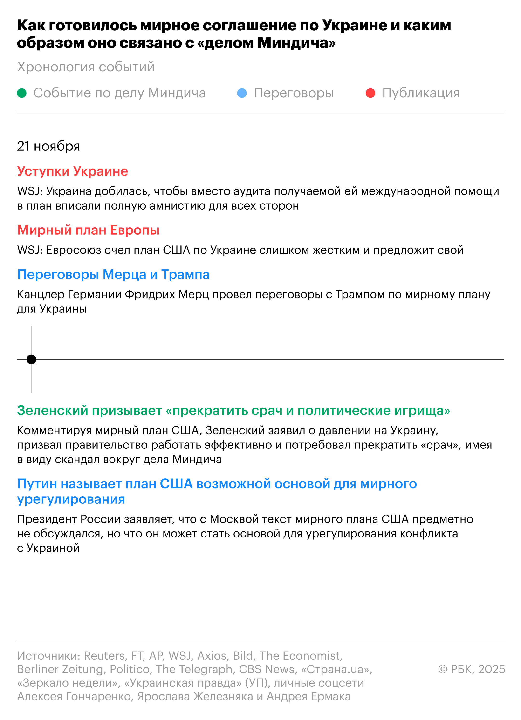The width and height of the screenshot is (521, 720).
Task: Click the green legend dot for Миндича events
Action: pyautogui.click(x=22, y=93)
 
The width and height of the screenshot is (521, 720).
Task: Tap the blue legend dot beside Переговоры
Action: pyautogui.click(x=242, y=93)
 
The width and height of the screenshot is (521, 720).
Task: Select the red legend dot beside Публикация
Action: pyautogui.click(x=370, y=93)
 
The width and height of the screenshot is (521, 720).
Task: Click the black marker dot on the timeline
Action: pyautogui.click(x=31, y=359)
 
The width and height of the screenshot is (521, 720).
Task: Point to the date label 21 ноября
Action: pyautogui.click(x=48, y=146)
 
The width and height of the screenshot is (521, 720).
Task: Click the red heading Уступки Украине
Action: pyautogui.click(x=72, y=171)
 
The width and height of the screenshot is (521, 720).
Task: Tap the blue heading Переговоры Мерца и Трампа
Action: pyautogui.click(x=113, y=274)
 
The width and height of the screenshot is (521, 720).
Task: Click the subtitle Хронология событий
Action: pyautogui.click(x=86, y=67)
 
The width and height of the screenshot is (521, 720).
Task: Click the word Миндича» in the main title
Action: pyautogui.click(x=296, y=42)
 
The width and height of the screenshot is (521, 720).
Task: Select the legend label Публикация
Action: pyautogui.click(x=421, y=93)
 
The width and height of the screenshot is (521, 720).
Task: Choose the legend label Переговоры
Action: pyautogui.click(x=294, y=93)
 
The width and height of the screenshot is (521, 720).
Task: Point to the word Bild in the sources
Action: pyautogui.click(x=243, y=656)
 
